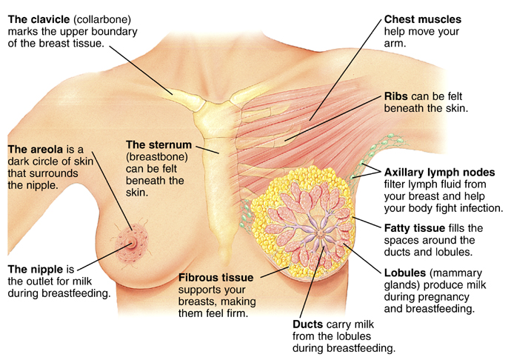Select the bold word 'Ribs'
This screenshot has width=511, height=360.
397,97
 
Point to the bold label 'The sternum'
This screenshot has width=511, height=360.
158,144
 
